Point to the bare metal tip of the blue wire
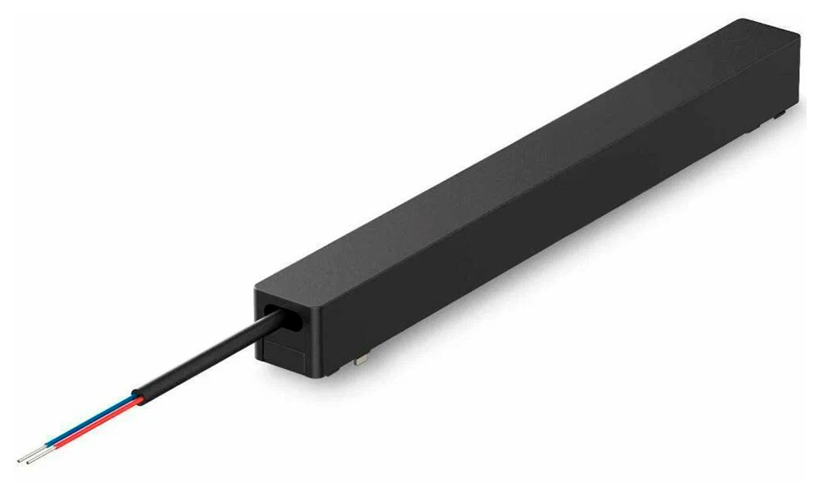pyautogui.click(x=29, y=457)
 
